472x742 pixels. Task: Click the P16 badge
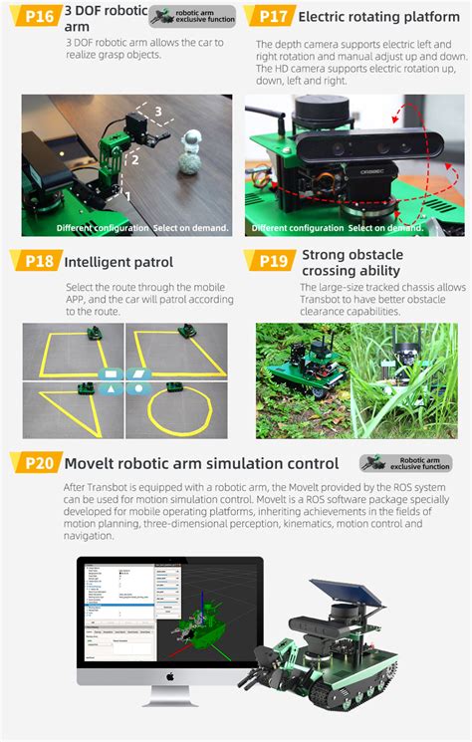(35, 16)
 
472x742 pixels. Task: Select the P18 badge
(35, 262)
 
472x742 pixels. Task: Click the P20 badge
(35, 463)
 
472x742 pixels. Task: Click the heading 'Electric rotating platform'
(378, 17)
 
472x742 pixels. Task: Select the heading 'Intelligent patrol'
(118, 263)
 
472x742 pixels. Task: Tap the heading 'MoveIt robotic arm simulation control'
(201, 463)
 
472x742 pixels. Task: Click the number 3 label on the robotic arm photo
(156, 112)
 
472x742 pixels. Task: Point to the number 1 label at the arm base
(126, 196)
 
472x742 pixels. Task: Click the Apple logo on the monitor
(170, 676)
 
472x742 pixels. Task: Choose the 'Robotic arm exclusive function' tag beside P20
(404, 464)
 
